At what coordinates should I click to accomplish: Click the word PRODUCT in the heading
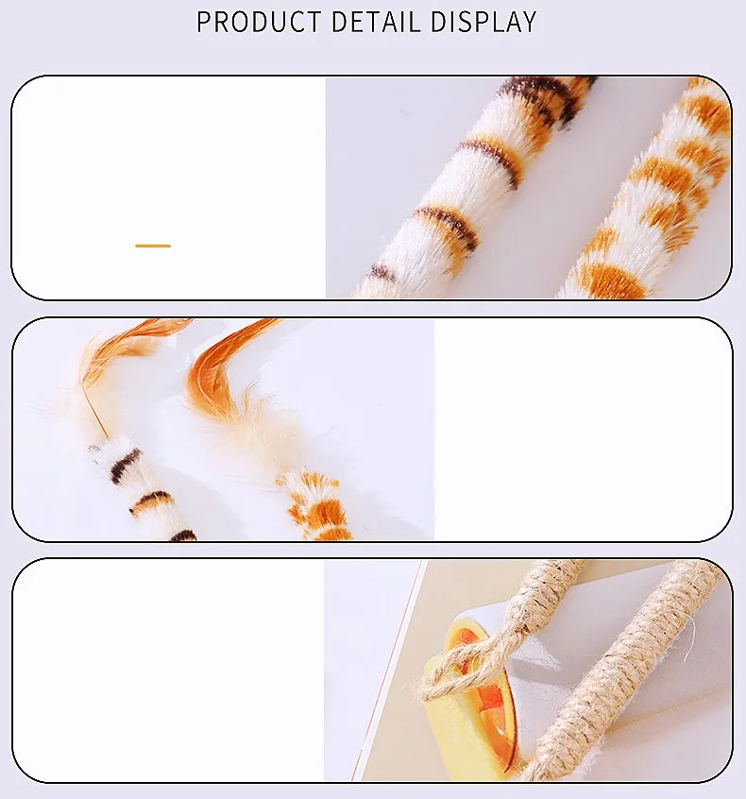point(259,22)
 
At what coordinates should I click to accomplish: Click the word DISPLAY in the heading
point(483,22)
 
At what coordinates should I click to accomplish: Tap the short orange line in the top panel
point(153,246)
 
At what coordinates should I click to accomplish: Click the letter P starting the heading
point(204,22)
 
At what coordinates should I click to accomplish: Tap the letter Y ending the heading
point(528,22)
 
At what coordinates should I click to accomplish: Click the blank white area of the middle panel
point(583,429)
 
